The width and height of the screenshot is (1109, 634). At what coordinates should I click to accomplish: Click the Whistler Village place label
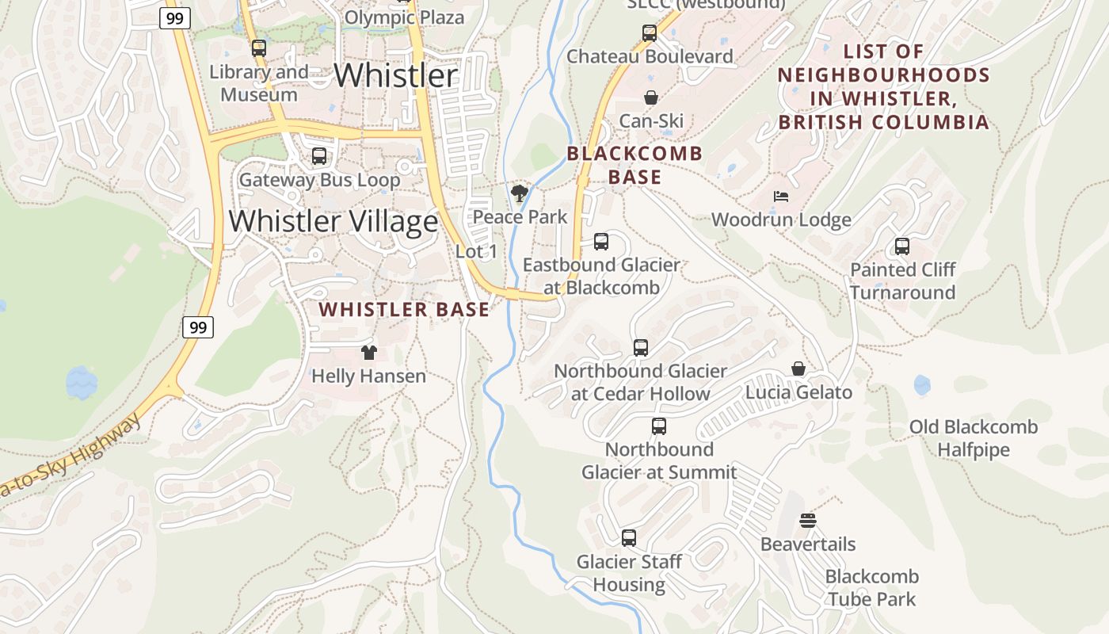click(333, 220)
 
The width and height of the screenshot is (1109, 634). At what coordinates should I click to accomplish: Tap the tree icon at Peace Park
click(520, 193)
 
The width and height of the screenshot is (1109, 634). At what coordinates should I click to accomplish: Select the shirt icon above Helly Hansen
click(368, 353)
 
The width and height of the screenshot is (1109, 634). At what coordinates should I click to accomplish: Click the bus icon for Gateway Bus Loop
click(319, 156)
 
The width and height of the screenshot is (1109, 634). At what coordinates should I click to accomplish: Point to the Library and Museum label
click(259, 83)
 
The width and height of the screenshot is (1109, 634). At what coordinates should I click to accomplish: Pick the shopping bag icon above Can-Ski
click(650, 97)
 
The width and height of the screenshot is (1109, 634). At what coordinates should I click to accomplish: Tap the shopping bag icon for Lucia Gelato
click(798, 369)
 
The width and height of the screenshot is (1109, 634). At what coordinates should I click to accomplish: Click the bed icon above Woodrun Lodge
click(781, 197)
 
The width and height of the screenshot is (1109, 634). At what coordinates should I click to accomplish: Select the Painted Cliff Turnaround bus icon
click(902, 246)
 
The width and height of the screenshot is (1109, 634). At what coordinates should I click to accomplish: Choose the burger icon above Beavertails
click(808, 521)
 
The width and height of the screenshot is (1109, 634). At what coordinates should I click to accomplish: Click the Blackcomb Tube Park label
click(871, 587)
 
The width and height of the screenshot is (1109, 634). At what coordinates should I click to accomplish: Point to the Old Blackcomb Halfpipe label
click(973, 438)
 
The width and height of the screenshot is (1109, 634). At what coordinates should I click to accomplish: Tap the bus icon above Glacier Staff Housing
click(629, 538)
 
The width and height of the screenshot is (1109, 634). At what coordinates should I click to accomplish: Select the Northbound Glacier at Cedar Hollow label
click(640, 382)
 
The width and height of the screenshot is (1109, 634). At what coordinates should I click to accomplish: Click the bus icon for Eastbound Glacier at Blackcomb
click(601, 242)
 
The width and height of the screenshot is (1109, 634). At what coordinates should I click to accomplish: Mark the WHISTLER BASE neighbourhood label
click(404, 310)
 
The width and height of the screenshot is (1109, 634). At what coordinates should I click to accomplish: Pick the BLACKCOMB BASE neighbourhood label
click(635, 165)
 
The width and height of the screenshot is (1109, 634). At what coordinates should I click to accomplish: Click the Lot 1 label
click(477, 251)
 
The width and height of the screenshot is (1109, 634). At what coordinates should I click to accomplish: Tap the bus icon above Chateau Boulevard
click(650, 33)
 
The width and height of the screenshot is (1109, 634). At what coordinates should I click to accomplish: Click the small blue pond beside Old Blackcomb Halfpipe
click(922, 385)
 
